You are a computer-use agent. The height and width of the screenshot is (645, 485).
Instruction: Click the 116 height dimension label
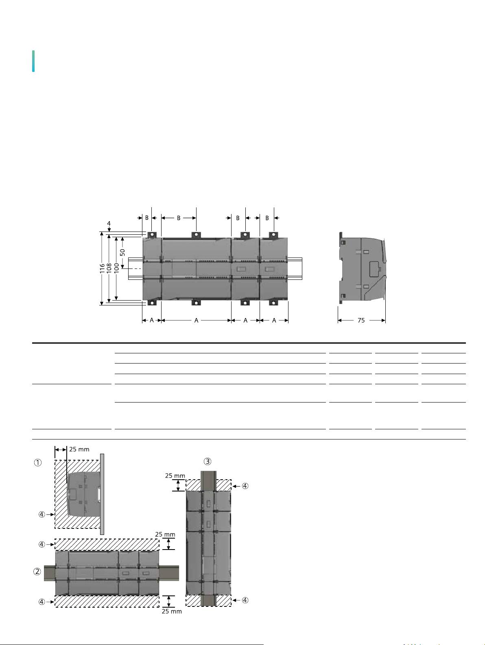tap(103, 268)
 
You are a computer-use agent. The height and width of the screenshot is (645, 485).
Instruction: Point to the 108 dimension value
tap(109, 268)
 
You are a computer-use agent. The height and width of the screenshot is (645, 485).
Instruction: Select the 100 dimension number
tap(117, 268)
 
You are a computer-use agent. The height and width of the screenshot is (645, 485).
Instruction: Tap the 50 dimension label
tap(122, 252)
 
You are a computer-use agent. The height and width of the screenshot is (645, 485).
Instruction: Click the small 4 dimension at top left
tap(109, 223)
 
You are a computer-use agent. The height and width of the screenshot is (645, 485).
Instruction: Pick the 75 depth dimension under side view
tap(361, 320)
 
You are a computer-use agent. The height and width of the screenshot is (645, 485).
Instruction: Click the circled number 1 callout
tap(38, 463)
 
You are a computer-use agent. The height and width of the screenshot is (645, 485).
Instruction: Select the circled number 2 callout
tap(37, 571)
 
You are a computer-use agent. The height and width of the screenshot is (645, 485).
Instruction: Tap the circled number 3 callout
tap(208, 461)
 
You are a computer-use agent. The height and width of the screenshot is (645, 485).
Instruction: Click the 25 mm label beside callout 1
tap(79, 449)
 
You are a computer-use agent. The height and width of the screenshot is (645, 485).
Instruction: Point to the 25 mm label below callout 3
tap(175, 476)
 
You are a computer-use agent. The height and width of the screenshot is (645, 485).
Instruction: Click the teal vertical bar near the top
tap(33, 61)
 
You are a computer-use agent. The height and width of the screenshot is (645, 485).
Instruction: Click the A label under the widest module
tap(196, 320)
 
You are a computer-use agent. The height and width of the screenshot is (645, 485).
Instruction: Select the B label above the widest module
tap(178, 218)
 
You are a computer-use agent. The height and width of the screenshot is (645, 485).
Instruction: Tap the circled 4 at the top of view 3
tap(245, 486)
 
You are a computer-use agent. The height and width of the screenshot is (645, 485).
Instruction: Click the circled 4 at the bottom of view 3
tap(245, 600)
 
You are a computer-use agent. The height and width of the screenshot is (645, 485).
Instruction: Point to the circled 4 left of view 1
tap(42, 514)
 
